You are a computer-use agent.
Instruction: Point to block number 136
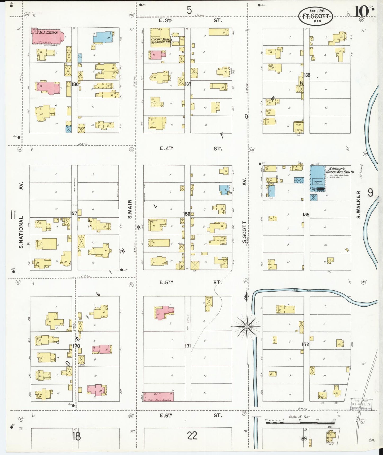click(75, 84)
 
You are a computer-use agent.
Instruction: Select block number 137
click(188, 84)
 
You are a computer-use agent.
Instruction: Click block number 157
click(73, 213)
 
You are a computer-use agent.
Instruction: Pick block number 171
click(188, 346)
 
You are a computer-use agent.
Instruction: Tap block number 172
click(305, 344)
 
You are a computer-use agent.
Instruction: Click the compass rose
click(247, 326)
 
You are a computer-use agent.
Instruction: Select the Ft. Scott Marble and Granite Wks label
click(161, 40)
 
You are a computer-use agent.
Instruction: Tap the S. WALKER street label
click(358, 204)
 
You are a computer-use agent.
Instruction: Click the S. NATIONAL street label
click(21, 232)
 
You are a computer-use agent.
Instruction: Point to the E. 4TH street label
click(167, 148)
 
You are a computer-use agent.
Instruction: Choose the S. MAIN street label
click(130, 209)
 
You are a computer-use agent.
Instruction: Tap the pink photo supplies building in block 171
click(159, 397)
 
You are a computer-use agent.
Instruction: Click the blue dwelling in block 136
click(103, 37)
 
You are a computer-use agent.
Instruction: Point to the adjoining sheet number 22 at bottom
click(192, 436)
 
